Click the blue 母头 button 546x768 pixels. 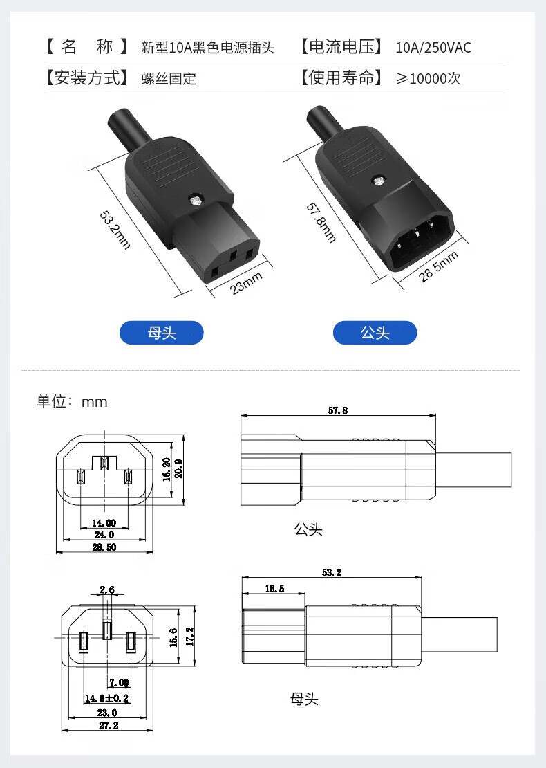coord(162,333)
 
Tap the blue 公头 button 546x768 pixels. coord(375,333)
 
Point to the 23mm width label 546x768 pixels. coord(247,282)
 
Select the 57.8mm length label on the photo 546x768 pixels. coord(321,222)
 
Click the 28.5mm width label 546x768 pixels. coord(438,267)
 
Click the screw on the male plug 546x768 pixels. coord(378,182)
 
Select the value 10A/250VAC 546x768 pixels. coord(433,48)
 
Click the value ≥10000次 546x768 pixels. coord(428,78)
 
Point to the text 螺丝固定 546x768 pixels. coord(169,78)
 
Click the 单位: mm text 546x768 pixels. coord(72,402)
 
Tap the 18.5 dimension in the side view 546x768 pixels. coord(274,589)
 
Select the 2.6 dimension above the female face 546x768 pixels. coord(107,589)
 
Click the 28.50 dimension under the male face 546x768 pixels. coord(104,547)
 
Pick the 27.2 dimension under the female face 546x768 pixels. coord(108,725)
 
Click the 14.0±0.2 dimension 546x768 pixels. coord(107,698)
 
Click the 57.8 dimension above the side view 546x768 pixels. coord(338,410)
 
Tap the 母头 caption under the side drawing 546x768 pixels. coord(304,699)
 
